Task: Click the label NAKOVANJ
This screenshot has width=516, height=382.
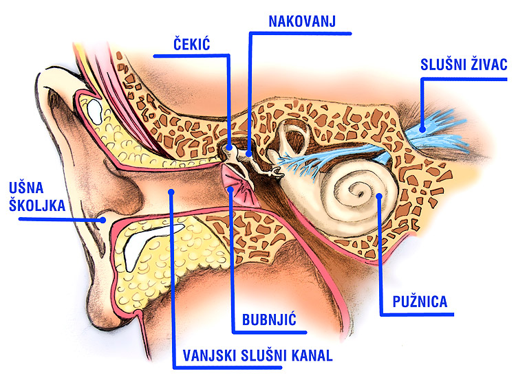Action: point(302,21)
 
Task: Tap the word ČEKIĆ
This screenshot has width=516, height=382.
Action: point(191,45)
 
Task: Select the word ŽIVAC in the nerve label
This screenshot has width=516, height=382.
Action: point(489,65)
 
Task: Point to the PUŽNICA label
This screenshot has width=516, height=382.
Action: point(420,302)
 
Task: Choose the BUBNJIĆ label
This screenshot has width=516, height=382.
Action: point(269,319)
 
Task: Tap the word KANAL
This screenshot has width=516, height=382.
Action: point(312,355)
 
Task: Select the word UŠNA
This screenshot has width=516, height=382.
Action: point(26,188)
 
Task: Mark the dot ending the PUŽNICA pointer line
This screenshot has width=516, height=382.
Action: point(379,196)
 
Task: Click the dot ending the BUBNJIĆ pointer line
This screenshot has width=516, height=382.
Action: point(231,190)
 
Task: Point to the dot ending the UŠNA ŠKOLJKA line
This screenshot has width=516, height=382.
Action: point(103,220)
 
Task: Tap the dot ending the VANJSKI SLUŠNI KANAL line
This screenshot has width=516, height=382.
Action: point(171,192)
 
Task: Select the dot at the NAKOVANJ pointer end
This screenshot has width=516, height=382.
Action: point(249,153)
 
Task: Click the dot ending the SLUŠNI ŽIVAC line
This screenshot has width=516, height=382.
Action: point(422,129)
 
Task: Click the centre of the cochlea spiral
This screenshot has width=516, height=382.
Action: point(360,193)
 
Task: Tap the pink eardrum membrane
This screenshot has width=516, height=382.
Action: point(237,183)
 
